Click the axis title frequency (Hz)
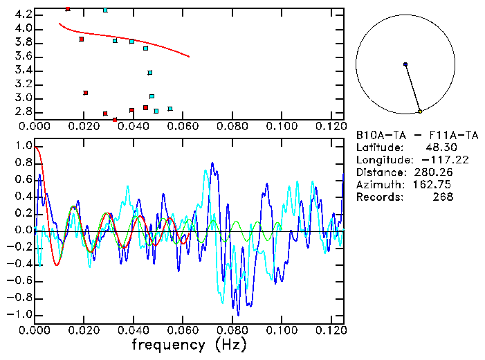click(189, 344)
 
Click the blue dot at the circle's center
click(405, 64)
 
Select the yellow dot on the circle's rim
click(420, 111)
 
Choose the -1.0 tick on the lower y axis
click(21, 314)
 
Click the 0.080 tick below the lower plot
click(232, 330)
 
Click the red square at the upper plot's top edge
click(68, 9)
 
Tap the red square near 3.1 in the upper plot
click(86, 93)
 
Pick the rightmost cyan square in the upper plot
click(170, 109)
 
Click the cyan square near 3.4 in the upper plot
click(150, 73)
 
